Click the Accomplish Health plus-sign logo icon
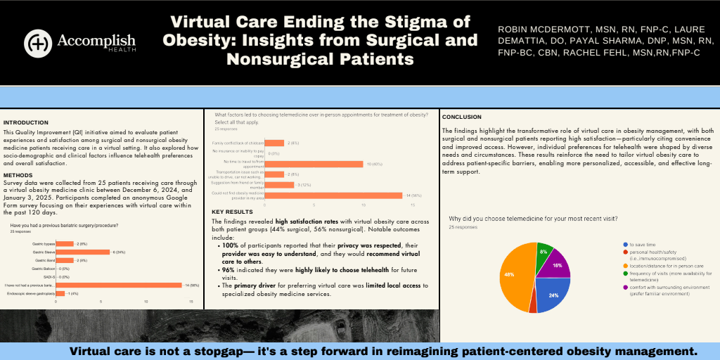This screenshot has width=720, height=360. (x=37, y=43)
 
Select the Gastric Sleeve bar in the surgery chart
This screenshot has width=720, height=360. (x=92, y=252)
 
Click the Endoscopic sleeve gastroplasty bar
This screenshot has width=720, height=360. (x=60, y=293)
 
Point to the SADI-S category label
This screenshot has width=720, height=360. (x=48, y=277)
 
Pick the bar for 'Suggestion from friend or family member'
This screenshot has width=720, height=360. (x=283, y=185)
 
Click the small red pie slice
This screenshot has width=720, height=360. (x=532, y=304)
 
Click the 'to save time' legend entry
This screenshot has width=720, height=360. (x=643, y=244)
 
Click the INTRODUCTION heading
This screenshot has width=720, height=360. (x=26, y=122)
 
